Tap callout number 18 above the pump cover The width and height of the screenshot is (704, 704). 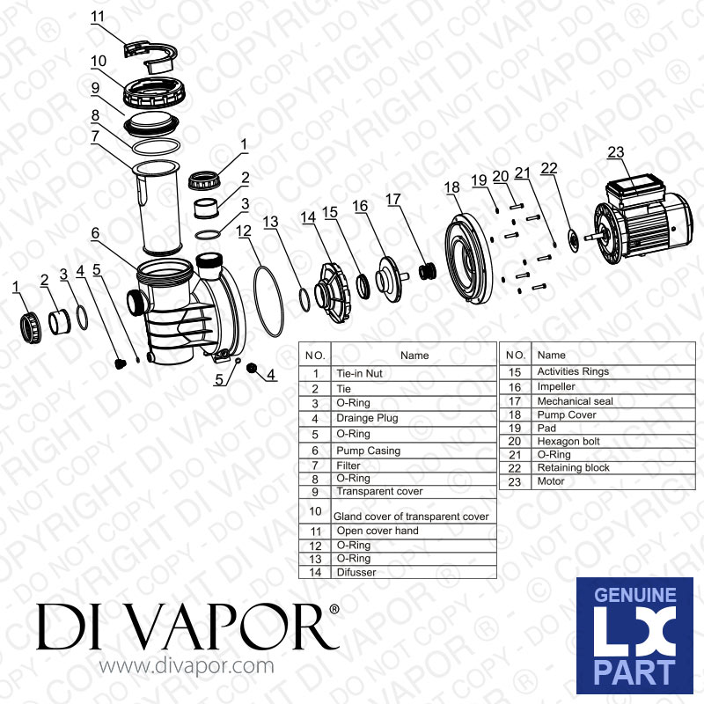[x=452, y=187]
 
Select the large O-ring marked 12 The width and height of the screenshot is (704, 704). [x=268, y=301]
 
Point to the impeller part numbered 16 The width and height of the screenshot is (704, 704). [x=391, y=278]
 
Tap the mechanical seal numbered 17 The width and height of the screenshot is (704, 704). [x=428, y=271]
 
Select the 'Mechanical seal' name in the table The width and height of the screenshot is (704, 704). [x=575, y=401]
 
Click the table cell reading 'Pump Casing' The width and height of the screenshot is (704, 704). [x=368, y=451]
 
